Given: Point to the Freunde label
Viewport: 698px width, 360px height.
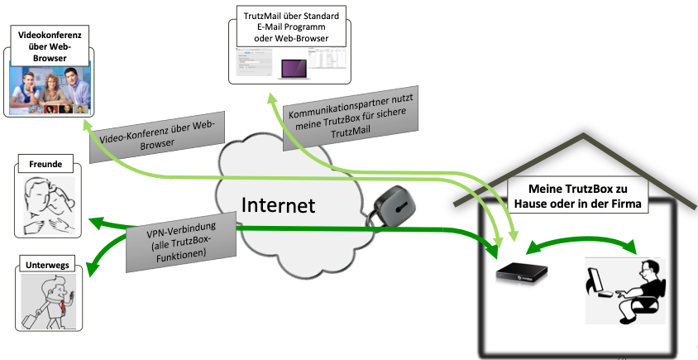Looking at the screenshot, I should click(x=45, y=163).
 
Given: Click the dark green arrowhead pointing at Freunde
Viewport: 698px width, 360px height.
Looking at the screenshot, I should click(x=98, y=221).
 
